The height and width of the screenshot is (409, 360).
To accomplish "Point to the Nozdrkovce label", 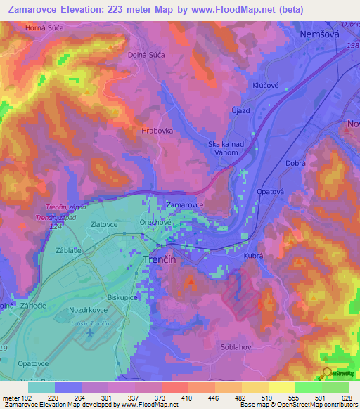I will [89, 309].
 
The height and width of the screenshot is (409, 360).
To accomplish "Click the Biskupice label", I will [122, 297].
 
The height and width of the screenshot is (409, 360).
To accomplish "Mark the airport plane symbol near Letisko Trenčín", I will [89, 330].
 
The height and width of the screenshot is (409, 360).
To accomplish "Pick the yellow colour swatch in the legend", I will [282, 387].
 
